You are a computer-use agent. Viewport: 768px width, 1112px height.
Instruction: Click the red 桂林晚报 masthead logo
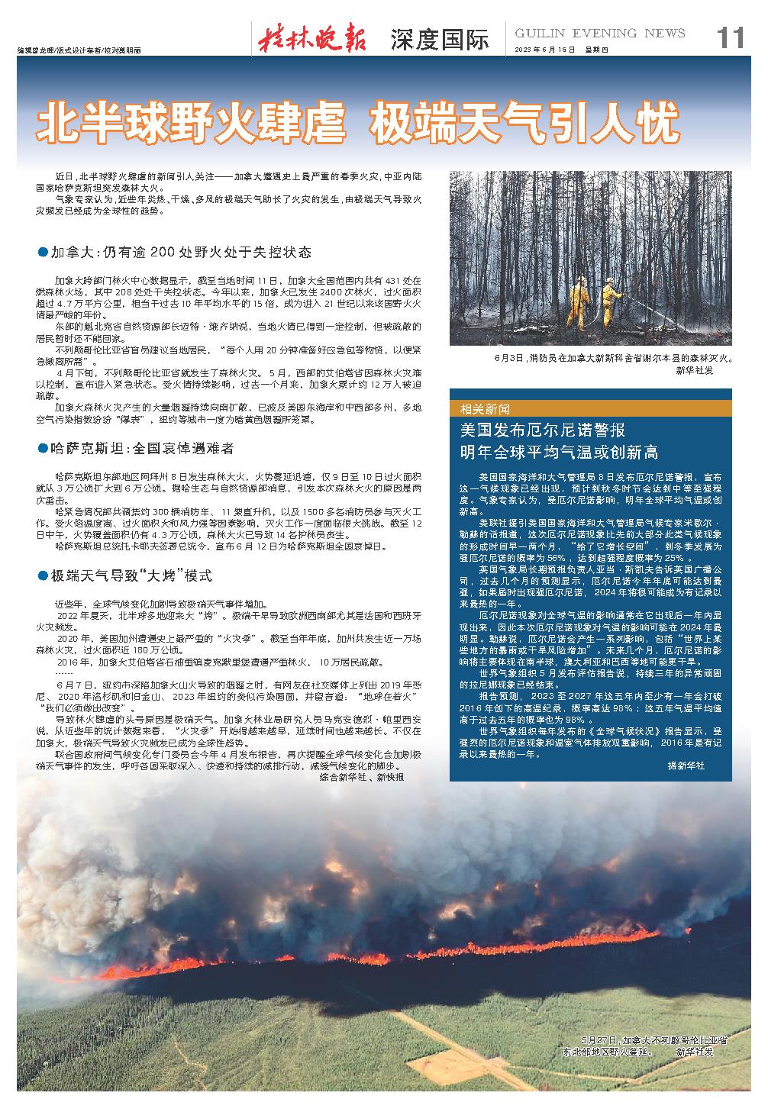pyautogui.click(x=312, y=37)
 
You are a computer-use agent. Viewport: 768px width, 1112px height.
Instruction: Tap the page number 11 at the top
pyautogui.click(x=729, y=37)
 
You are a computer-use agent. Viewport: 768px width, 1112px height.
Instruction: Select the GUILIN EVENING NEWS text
pyautogui.click(x=599, y=33)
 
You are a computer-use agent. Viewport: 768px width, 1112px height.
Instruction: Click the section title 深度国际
pyautogui.click(x=439, y=39)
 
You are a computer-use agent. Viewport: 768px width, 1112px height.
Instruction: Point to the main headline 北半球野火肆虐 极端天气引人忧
pyautogui.click(x=358, y=121)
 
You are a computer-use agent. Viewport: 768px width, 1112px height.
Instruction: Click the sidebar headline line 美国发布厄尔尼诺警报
pyautogui.click(x=542, y=429)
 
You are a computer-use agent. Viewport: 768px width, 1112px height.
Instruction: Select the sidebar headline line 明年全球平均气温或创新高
pyautogui.click(x=559, y=452)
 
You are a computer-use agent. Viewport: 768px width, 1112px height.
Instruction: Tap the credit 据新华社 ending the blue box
pyautogui.click(x=686, y=765)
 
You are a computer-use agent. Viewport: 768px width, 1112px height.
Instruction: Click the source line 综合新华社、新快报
pyautogui.click(x=361, y=777)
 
